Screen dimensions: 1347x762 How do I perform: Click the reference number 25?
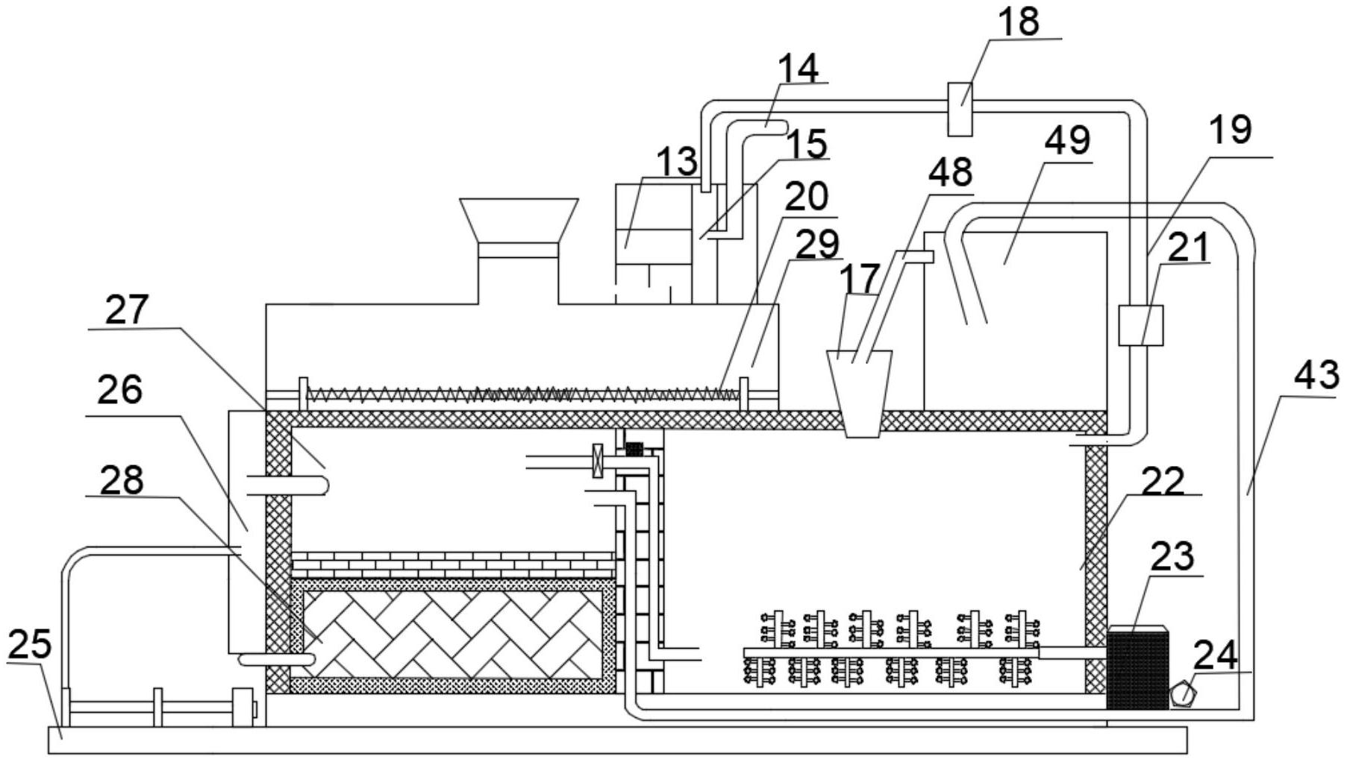29,643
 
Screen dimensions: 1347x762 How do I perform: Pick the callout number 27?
127,310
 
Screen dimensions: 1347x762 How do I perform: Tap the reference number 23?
1172,556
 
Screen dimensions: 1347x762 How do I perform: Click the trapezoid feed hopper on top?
519,221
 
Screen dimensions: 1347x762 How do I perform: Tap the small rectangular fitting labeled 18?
960,109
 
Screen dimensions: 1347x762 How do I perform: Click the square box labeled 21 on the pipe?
1140,326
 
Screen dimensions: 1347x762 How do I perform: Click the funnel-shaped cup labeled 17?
860,394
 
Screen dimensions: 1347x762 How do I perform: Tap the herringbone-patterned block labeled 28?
453,635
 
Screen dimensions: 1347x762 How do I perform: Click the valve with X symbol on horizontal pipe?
597,461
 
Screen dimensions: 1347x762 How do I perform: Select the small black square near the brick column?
634,449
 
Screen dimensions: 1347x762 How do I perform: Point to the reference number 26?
120,389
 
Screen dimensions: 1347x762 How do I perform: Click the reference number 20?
807,197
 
